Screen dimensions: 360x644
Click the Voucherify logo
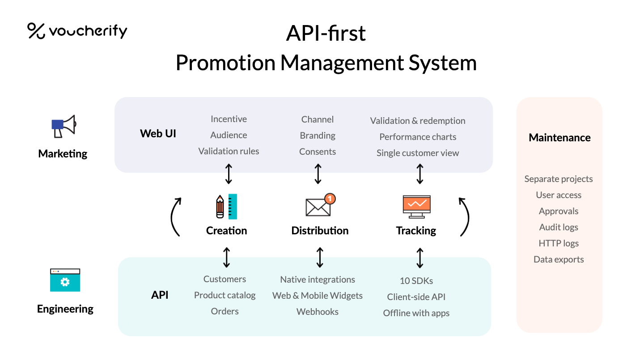point(77,31)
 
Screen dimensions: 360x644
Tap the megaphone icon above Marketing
point(63,127)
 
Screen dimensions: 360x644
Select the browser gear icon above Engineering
point(65,280)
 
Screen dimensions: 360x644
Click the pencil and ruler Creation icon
point(226,207)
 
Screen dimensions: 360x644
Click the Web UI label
point(158,133)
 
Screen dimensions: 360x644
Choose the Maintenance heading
point(559,138)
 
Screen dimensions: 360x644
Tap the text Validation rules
point(229,151)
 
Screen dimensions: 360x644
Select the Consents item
point(318,152)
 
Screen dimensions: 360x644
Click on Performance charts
point(418,137)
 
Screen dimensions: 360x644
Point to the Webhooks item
point(318,312)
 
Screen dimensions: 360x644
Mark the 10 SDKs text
point(416,281)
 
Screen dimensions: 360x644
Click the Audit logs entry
point(559,227)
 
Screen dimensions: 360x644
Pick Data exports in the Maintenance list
point(559,259)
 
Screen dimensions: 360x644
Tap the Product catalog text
point(225,295)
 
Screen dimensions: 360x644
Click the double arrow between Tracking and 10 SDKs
point(419,258)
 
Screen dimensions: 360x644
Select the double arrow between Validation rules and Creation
point(229,174)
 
